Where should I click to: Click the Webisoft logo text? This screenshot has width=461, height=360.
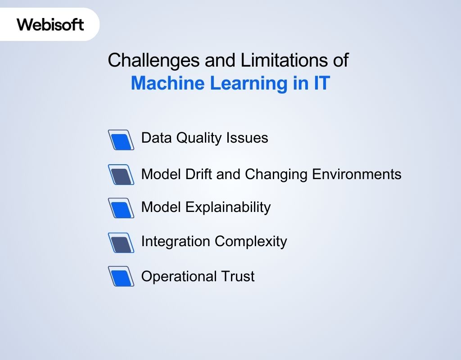[x=50, y=24]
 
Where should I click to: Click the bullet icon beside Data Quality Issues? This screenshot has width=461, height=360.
[x=121, y=140]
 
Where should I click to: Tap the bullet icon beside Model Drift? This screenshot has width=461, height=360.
[x=121, y=175]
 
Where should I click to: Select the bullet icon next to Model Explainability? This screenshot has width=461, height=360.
[x=121, y=208]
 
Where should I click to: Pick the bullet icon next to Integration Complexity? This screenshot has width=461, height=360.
[x=121, y=243]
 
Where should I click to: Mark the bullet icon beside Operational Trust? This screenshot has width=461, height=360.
[x=121, y=276]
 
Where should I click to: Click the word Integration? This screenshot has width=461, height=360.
[x=176, y=241]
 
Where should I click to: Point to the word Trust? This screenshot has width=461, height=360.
[x=237, y=276]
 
